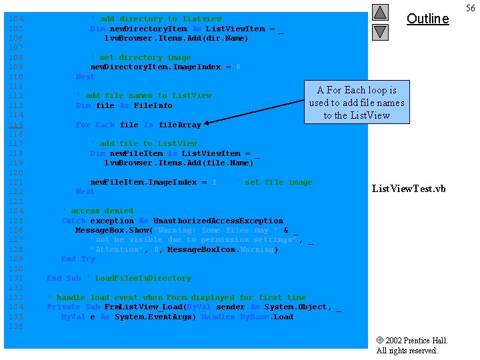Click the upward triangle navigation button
[380, 13]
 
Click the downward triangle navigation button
[380, 31]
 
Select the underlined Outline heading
[427, 19]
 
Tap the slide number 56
[470, 7]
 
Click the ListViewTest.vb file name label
[409, 189]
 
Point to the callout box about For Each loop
[357, 103]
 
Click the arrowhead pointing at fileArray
[208, 123]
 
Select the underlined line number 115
[16, 125]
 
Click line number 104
[16, 19]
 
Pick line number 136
[16, 326]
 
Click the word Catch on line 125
[73, 221]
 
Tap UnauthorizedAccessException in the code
[218, 221]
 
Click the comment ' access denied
[97, 211]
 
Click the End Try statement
[78, 259]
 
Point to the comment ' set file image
[274, 182]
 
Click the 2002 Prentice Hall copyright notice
[412, 345]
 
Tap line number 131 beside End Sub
[16, 278]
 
